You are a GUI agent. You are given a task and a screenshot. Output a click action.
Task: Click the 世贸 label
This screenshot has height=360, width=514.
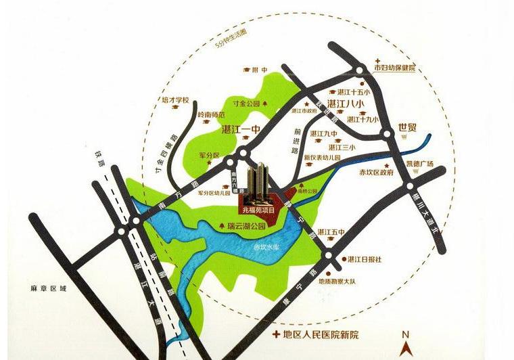click(407, 127)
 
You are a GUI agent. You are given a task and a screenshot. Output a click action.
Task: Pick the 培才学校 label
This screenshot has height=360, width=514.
click(175, 99)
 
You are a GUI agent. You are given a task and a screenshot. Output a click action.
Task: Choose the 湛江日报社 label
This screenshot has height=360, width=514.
click(365, 259)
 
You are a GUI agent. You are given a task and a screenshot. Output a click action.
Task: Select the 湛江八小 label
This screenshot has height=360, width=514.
click(345, 104)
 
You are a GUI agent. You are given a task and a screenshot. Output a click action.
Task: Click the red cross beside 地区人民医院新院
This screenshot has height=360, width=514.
click(275, 335)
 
